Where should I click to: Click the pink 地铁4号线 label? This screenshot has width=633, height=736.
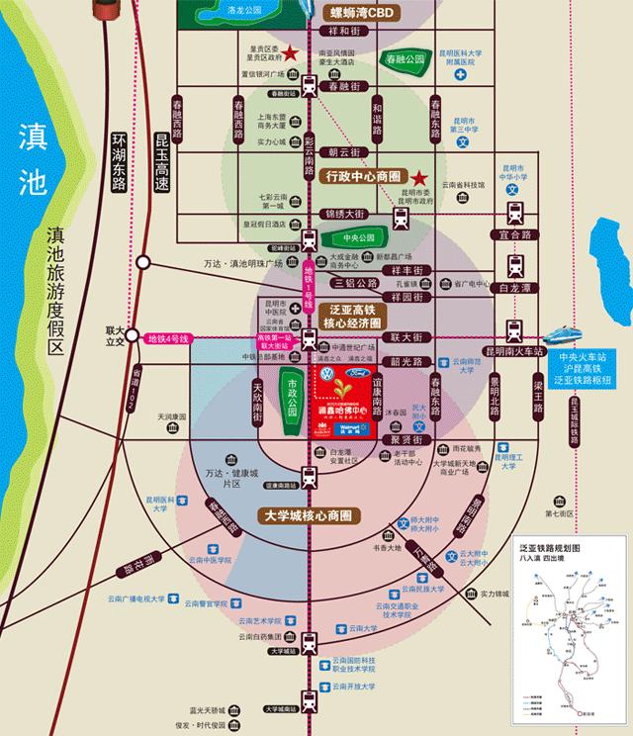(173, 339)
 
